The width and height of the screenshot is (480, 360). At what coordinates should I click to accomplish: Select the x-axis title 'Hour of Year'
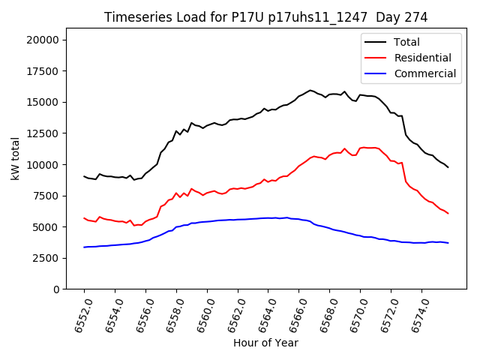(265, 343)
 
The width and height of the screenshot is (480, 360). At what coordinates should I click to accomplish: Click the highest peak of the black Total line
(310, 90)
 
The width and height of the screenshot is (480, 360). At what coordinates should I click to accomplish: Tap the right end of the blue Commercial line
(448, 243)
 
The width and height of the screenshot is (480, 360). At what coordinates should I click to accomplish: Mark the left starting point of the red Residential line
(84, 218)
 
